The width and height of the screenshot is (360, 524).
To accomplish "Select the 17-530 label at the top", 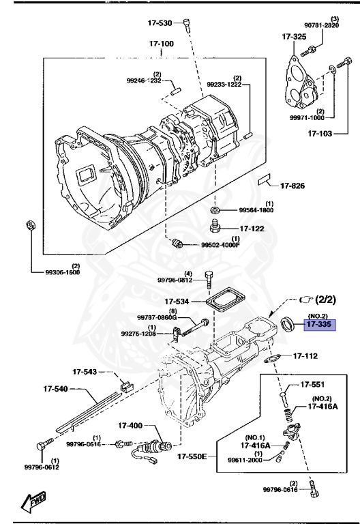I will [x=162, y=23].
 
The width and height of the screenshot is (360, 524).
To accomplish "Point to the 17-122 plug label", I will [x=251, y=229].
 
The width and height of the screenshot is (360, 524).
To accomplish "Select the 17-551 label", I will [x=314, y=385].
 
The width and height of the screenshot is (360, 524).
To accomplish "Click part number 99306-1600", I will [x=62, y=272].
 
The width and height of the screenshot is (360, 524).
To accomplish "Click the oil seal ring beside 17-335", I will [x=290, y=321].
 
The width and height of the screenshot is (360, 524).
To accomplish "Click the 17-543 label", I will [x=87, y=372].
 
